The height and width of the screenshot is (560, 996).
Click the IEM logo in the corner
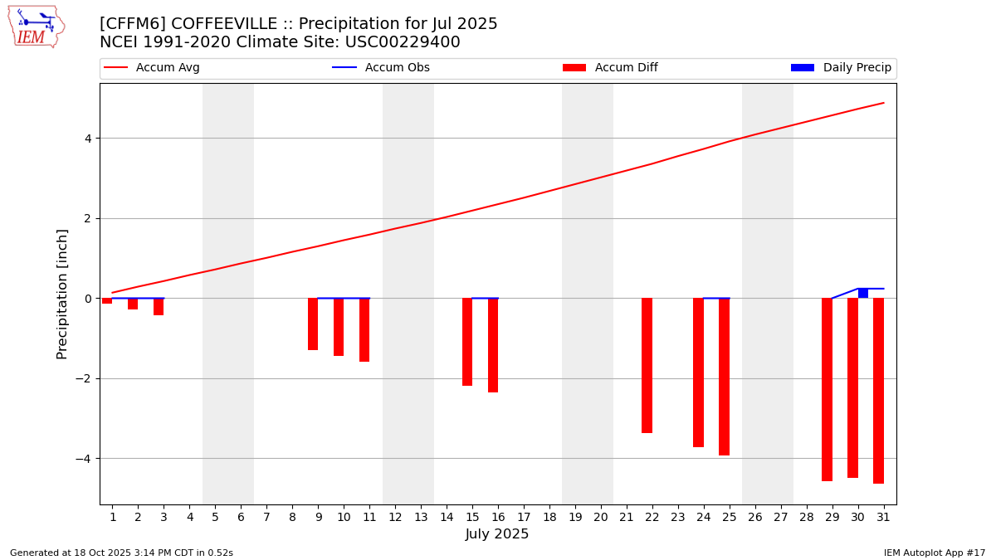click(36, 27)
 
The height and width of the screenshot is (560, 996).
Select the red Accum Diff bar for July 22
click(647, 365)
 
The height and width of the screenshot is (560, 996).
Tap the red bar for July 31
click(878, 390)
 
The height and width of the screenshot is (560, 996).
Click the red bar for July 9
click(313, 324)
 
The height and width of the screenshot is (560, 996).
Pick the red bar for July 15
click(467, 342)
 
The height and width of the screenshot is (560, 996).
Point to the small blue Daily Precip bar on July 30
click(863, 293)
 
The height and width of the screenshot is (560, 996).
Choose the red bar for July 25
click(724, 377)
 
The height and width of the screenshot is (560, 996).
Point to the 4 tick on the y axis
click(89, 139)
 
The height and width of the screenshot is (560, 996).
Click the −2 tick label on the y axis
click(85, 378)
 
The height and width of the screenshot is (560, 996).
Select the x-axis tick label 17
click(524, 517)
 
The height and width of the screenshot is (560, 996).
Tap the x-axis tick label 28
click(807, 517)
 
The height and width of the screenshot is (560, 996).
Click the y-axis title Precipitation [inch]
click(62, 294)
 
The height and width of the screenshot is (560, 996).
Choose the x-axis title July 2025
click(497, 534)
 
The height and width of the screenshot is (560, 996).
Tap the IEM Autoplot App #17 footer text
click(935, 553)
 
